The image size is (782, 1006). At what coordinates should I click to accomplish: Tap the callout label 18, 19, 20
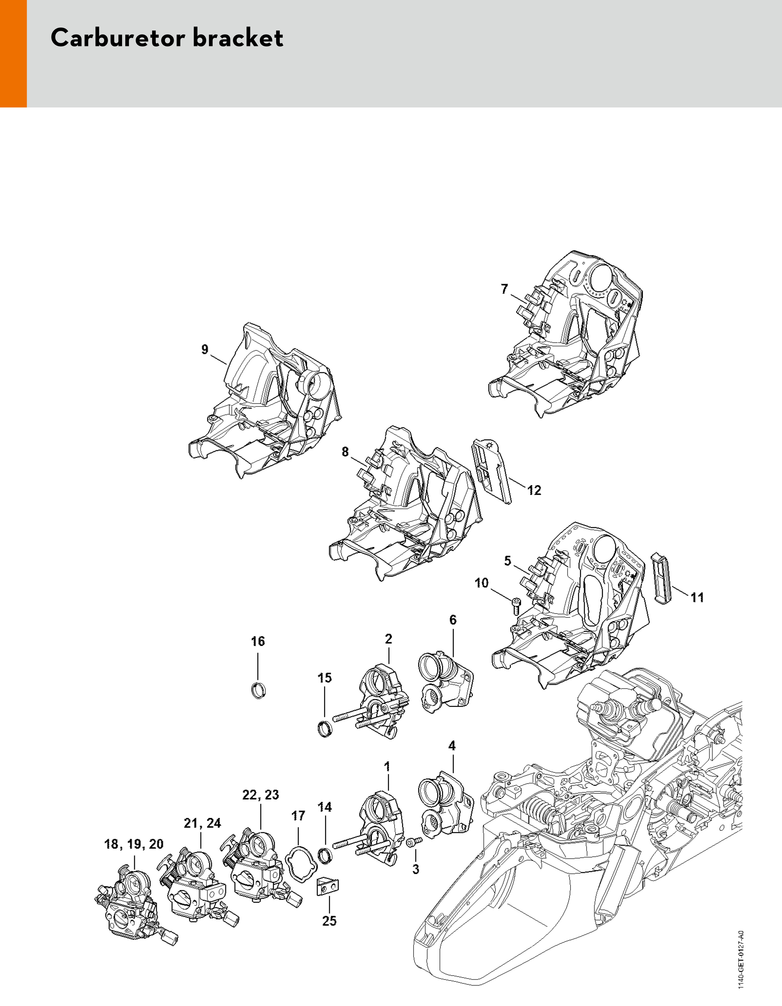134,844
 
